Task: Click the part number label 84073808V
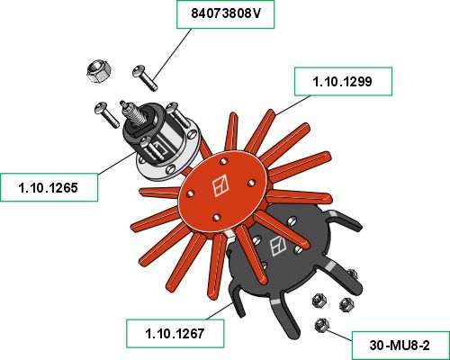point(225,14)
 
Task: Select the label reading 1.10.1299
point(343,82)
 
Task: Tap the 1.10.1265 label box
point(49,187)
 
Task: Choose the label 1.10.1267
point(175,334)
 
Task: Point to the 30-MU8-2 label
point(400,346)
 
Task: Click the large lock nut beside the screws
point(99,72)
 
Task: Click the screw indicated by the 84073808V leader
point(145,77)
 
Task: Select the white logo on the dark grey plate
point(278,246)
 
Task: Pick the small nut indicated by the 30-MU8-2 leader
point(321,326)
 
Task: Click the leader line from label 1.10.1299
point(292,105)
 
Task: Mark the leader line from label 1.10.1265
point(116,163)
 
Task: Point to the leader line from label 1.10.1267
point(219,311)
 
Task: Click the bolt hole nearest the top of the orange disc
point(223,162)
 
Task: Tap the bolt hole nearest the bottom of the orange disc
point(216,218)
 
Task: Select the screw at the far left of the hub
point(107,114)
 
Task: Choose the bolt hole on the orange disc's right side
point(251,183)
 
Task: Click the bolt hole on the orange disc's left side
point(190,194)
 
